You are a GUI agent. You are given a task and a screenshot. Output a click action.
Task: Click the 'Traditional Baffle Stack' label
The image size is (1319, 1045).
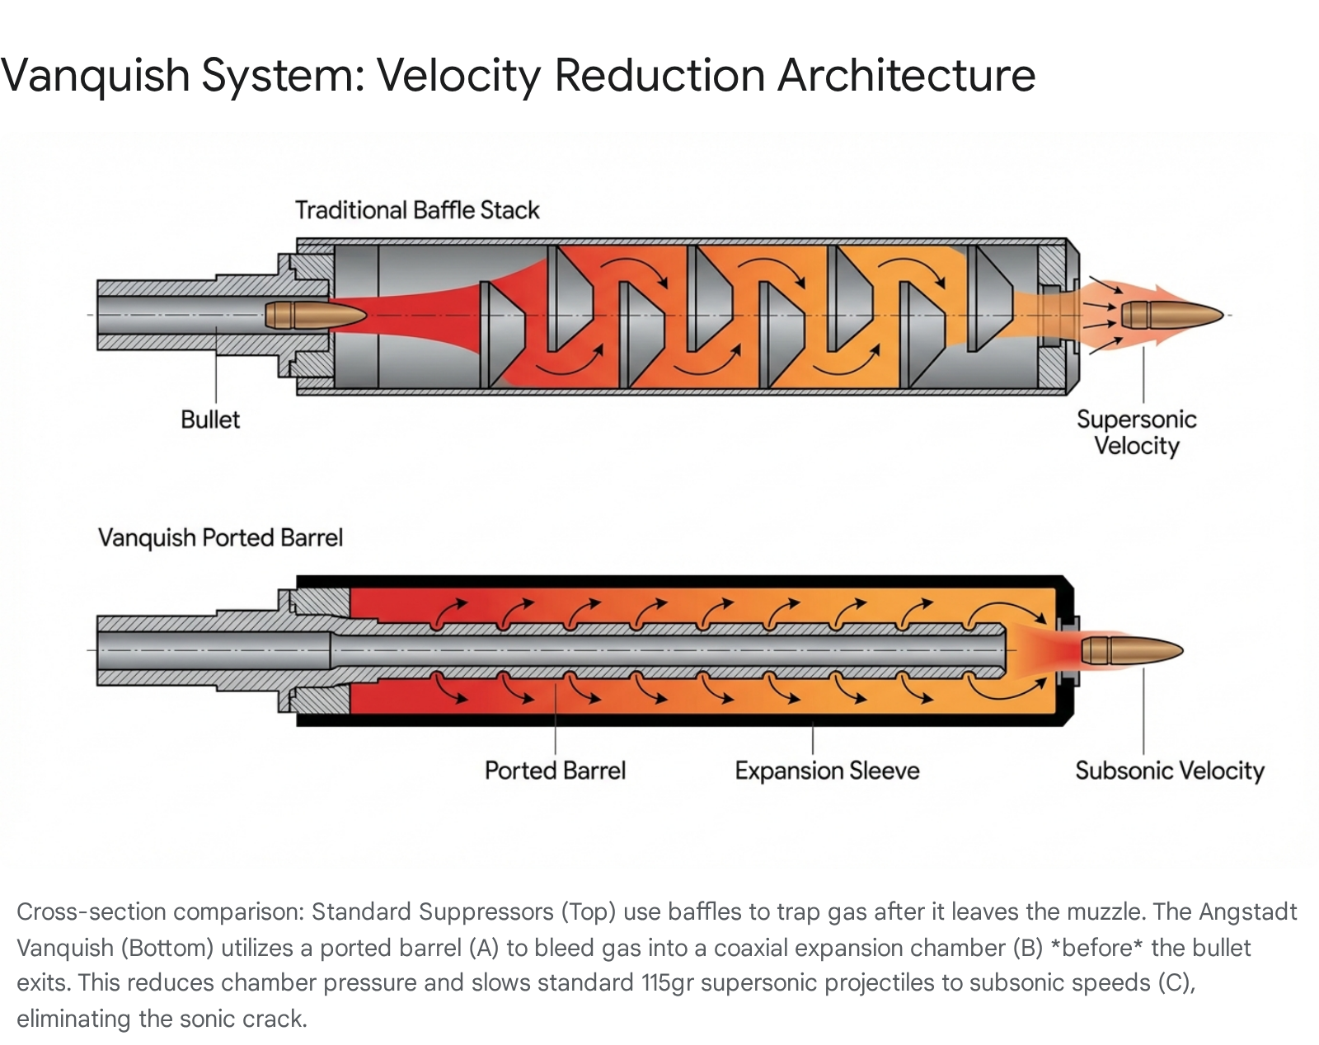417,210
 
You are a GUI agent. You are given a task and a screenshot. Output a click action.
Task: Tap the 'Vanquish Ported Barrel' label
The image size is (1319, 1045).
220,538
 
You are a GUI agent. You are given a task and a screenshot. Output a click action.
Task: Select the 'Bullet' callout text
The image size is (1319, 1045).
210,419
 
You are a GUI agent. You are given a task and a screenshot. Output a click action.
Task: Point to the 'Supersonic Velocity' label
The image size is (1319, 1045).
1136,433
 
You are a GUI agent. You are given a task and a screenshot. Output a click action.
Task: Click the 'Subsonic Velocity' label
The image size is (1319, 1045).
1170,771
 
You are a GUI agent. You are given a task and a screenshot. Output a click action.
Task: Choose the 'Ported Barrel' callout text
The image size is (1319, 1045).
556,771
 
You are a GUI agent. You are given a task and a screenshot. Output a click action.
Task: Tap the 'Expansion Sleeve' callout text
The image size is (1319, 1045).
827,771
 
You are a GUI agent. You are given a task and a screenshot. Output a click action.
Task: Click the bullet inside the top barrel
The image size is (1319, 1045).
316,315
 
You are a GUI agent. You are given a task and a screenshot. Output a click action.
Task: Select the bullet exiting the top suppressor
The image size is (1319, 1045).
1172,315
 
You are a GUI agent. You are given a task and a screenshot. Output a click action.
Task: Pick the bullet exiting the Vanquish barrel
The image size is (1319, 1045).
1132,650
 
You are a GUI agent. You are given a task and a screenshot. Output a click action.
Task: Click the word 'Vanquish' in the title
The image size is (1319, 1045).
95,76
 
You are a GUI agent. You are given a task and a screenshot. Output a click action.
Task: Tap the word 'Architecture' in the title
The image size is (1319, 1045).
907,75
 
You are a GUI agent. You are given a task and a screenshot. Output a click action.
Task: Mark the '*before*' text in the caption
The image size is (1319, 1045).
1096,948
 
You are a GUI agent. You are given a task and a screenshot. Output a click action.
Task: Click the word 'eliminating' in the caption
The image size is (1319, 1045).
73,1019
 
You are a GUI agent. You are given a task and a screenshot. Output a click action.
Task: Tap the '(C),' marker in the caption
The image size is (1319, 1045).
1177,984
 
